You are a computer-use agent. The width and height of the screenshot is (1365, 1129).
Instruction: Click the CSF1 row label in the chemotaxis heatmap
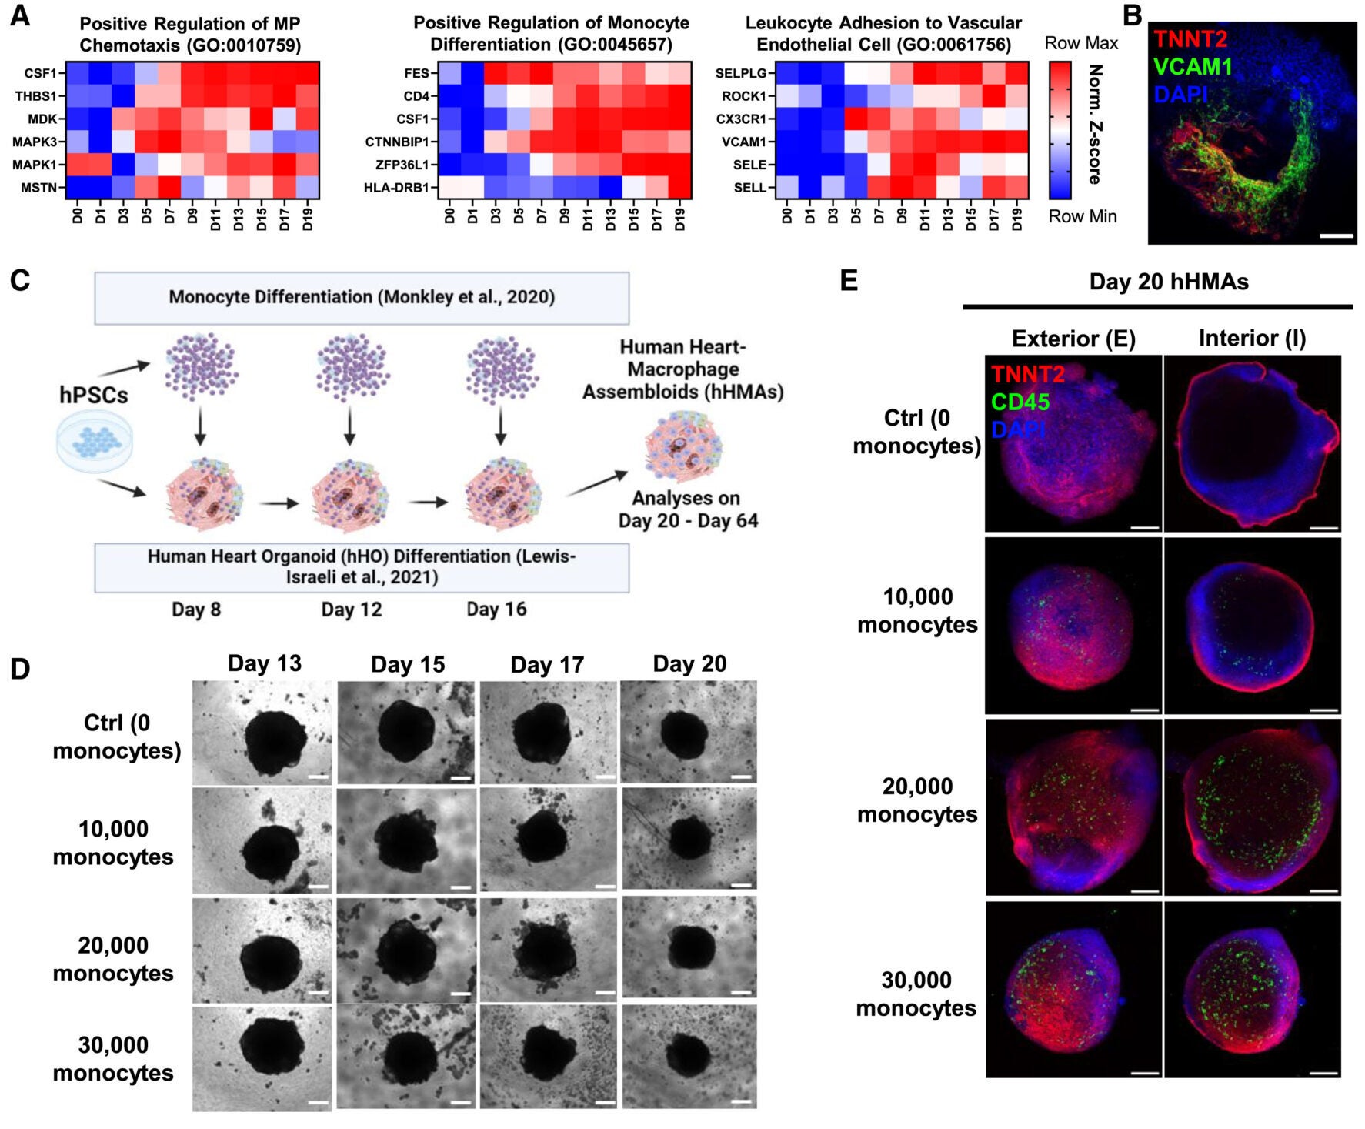[40, 73]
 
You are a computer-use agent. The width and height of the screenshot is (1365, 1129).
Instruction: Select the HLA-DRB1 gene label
[395, 187]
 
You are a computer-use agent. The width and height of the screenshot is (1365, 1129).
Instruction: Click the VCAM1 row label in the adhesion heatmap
[743, 142]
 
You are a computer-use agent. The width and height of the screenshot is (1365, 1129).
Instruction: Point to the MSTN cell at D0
[77, 187]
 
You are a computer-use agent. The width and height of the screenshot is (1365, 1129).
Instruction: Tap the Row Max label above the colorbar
[1080, 43]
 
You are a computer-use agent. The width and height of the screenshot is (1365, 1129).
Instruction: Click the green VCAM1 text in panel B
[1193, 67]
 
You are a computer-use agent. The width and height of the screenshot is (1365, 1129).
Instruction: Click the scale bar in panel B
[1336, 235]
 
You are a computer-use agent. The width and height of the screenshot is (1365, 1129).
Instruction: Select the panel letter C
[20, 280]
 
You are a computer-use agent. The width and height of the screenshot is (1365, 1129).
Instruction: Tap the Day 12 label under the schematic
[351, 610]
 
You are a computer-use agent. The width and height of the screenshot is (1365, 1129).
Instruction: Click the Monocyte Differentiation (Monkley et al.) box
[362, 297]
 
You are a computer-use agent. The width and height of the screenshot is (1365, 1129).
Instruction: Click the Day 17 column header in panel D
[547, 664]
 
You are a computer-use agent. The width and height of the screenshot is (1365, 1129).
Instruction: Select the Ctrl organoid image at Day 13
[262, 732]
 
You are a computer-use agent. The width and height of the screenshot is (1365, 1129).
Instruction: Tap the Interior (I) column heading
[1252, 338]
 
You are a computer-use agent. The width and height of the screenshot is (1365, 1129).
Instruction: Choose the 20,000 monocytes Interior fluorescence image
[1252, 807]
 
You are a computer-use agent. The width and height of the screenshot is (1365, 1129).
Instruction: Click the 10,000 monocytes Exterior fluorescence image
[1073, 625]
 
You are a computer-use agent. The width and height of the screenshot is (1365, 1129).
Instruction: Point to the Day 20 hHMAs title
[1168, 282]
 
